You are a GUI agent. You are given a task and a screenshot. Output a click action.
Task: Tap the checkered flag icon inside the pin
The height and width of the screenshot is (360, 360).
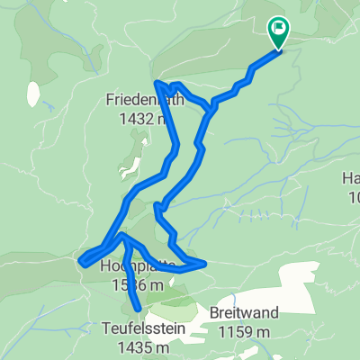pyautogui.click(x=277, y=30)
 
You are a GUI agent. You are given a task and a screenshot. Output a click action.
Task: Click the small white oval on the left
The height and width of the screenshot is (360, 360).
pyautogui.click(x=33, y=93)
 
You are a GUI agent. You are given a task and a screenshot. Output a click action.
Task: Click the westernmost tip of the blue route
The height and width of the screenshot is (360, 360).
pyautogui.click(x=82, y=262)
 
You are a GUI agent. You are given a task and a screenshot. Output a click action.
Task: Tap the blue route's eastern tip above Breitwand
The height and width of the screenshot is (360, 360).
pyautogui.click(x=205, y=264)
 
